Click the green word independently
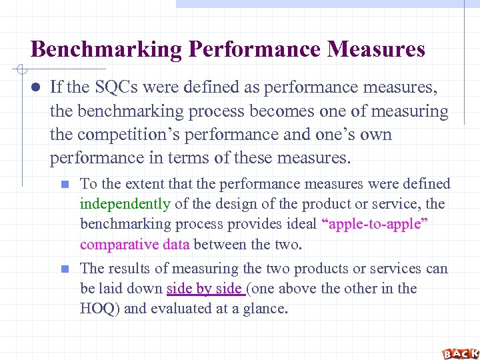[125, 204]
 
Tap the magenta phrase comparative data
[135, 245]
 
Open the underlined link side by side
[204, 289]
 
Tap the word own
[378, 134]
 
